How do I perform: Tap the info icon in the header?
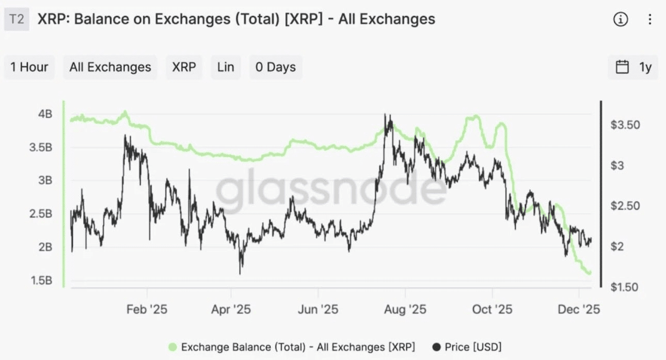(x=621, y=20)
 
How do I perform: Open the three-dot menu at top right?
(x=649, y=20)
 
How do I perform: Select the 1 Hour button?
(x=29, y=67)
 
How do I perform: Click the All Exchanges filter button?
(x=110, y=67)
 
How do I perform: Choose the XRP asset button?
(x=184, y=67)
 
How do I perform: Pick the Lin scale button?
(x=226, y=67)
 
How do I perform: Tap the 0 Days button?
(x=276, y=67)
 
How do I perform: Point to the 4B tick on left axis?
(x=45, y=114)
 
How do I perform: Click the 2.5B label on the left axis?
(x=41, y=214)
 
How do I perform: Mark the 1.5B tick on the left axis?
(x=41, y=280)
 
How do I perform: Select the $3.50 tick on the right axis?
(x=625, y=125)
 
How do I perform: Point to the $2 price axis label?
(x=617, y=246)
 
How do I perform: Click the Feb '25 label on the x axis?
(x=148, y=309)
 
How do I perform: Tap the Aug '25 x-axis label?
(x=406, y=309)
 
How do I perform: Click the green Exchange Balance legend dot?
(x=172, y=347)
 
